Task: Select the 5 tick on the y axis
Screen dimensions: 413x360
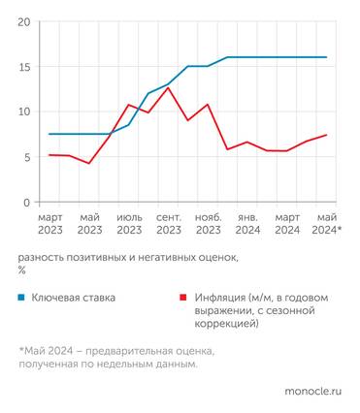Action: click(x=25, y=157)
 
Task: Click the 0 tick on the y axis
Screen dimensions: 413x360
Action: click(x=25, y=203)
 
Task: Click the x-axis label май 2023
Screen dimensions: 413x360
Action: click(x=89, y=224)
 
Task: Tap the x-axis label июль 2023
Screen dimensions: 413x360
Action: click(x=129, y=224)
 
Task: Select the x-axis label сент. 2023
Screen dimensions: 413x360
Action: click(x=169, y=224)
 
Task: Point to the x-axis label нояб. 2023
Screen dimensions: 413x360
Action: click(x=209, y=224)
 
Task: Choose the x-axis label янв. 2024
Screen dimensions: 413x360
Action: click(x=248, y=224)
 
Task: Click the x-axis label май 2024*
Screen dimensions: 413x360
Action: click(x=326, y=224)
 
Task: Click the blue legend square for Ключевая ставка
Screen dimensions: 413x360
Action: click(x=21, y=298)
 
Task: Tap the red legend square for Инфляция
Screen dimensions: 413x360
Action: click(x=181, y=298)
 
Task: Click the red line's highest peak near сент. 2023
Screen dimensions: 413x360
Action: click(x=168, y=88)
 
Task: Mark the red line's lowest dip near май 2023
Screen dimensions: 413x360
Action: click(x=89, y=164)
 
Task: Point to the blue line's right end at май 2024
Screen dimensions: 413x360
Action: click(x=326, y=57)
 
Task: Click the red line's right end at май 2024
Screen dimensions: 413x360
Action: click(x=326, y=136)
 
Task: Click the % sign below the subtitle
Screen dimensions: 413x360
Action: click(x=20, y=270)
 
